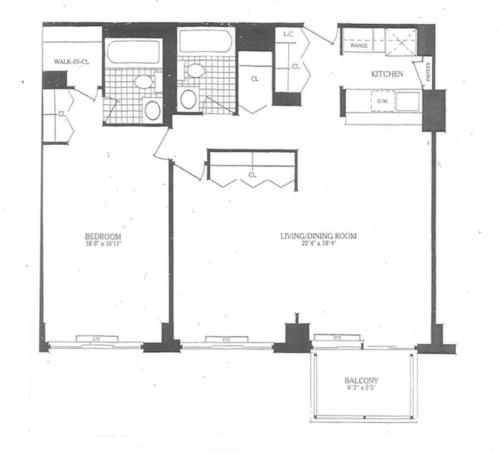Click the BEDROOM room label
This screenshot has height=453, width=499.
point(103,236)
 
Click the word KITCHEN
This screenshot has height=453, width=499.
point(387,74)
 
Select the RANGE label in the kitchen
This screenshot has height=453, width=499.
point(359,46)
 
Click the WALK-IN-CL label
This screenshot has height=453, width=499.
point(70,62)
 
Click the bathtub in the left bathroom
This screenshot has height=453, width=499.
point(133,52)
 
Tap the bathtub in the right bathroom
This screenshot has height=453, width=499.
point(206,41)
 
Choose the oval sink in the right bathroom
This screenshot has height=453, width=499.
point(195,70)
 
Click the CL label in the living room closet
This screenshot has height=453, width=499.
point(252,175)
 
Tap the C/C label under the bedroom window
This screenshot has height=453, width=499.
point(96,339)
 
